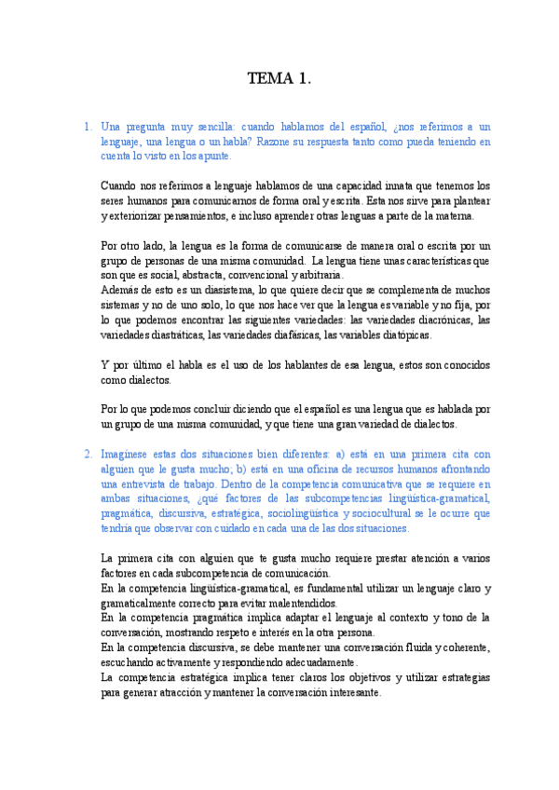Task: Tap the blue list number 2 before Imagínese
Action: click(x=86, y=454)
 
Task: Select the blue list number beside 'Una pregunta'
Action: click(x=86, y=126)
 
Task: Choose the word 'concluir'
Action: click(x=194, y=409)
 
